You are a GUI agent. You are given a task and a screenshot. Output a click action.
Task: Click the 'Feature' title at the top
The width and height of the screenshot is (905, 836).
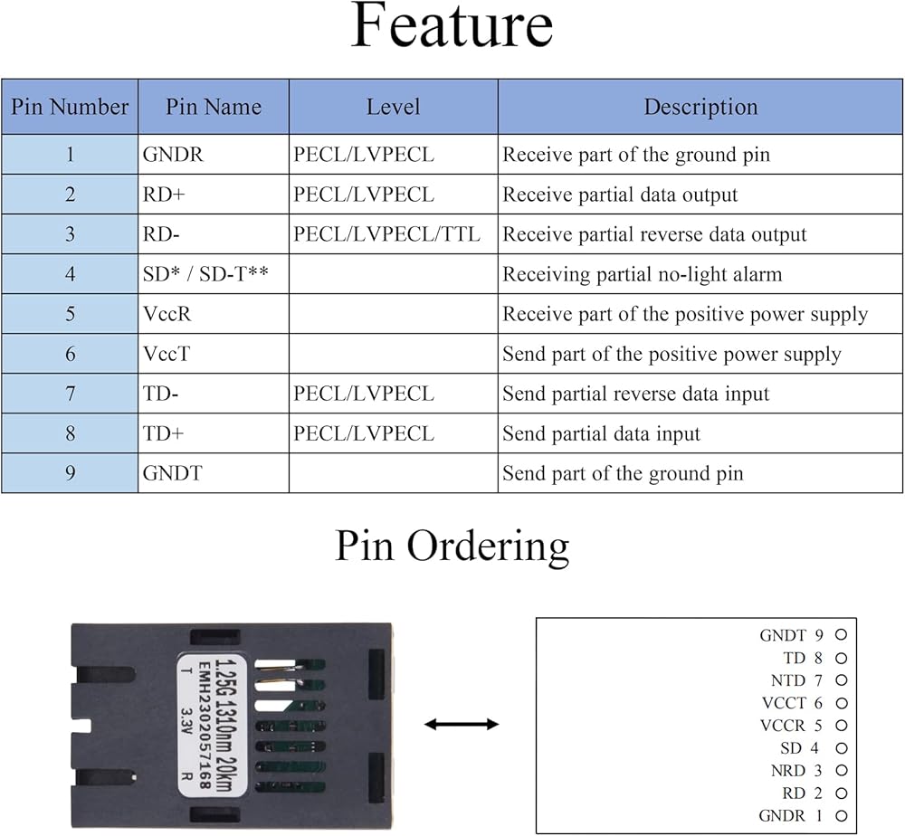(452, 26)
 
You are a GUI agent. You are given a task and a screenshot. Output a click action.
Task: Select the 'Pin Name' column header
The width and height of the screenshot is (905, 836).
(214, 107)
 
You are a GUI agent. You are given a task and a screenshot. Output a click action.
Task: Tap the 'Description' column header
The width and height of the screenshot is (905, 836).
(700, 107)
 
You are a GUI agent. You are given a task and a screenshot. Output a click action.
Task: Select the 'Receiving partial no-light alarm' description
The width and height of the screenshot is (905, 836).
(643, 274)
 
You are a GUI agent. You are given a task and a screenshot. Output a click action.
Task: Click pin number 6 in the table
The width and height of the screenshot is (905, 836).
(70, 354)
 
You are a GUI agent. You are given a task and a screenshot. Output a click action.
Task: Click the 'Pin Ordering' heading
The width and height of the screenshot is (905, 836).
(452, 546)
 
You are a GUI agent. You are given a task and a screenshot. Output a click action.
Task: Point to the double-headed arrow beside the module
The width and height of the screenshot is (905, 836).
(462, 724)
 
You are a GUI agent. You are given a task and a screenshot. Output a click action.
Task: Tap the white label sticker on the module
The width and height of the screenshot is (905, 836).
(212, 726)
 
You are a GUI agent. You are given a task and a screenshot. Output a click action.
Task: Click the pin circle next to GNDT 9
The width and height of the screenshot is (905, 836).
(841, 634)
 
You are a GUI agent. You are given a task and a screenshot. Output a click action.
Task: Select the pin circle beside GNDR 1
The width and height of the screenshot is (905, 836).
(842, 816)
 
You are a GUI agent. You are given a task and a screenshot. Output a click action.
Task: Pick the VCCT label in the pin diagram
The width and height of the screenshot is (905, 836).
(783, 703)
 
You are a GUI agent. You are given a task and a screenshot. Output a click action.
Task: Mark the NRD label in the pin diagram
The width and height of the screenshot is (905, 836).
(788, 771)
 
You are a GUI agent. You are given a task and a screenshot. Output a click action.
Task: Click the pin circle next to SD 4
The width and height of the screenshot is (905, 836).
(842, 748)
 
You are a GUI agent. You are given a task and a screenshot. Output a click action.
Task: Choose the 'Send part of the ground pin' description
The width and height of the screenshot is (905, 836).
(623, 474)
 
